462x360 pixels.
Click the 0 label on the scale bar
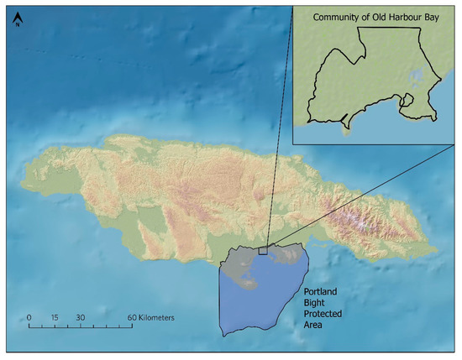coord(29,318)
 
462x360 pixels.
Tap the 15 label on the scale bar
coord(53,318)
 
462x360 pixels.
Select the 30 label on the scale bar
coord(80,318)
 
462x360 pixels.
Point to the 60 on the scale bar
coord(133,318)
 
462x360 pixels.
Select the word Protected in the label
coord(325,314)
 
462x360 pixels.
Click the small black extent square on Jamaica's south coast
coord(263,250)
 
